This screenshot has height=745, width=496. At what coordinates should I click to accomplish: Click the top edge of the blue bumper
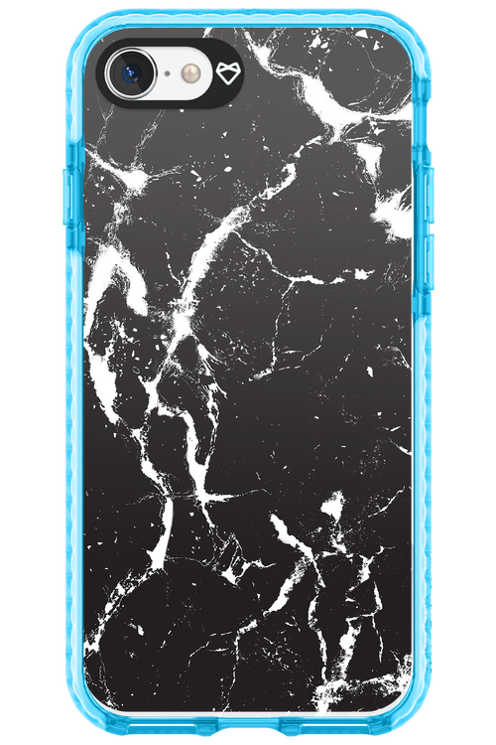click(x=248, y=12)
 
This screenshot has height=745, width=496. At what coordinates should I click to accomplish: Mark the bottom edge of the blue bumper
click(x=248, y=733)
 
